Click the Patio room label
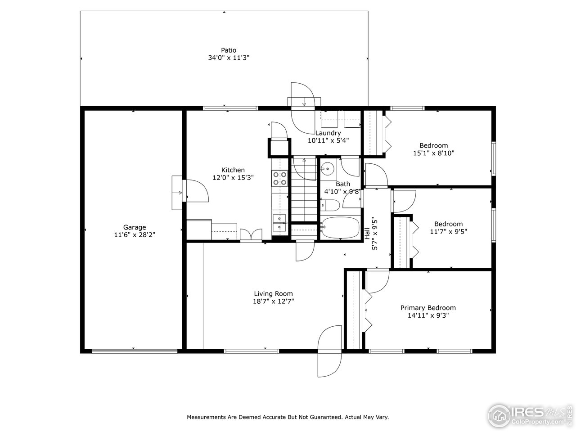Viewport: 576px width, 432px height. point(229,50)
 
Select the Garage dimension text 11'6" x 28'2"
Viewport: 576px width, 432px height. point(135,234)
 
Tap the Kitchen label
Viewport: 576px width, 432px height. point(233,170)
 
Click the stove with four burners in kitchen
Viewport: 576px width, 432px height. point(279,179)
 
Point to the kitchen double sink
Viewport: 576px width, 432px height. point(279,223)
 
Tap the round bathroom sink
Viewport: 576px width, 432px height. point(327,170)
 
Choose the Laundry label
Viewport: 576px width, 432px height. point(328,133)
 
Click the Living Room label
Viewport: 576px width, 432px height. point(273,293)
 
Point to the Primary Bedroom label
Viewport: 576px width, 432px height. point(428,308)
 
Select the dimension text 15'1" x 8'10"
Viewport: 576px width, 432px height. point(433,153)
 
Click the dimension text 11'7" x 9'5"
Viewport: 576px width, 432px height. point(448,231)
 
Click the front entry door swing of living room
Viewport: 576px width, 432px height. point(330,346)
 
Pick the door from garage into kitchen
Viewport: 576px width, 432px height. point(193,193)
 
